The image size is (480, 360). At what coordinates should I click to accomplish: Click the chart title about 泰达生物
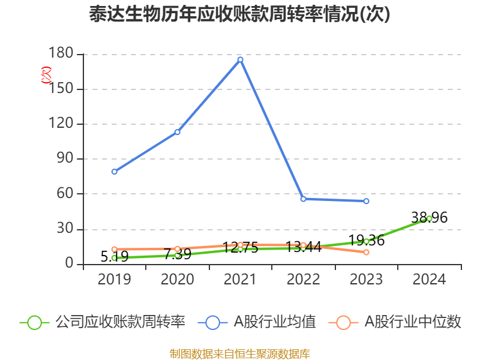pyautogui.click(x=239, y=14)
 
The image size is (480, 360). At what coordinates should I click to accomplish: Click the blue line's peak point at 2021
pyautogui.click(x=240, y=59)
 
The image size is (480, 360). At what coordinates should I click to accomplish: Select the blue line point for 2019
pyautogui.click(x=114, y=172)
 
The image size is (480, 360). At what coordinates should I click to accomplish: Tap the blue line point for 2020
pyautogui.click(x=177, y=132)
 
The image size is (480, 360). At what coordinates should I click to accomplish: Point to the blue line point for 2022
pyautogui.click(x=303, y=199)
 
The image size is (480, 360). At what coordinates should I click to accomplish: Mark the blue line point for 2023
pyautogui.click(x=366, y=201)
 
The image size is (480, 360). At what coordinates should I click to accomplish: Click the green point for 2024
pyautogui.click(x=429, y=218)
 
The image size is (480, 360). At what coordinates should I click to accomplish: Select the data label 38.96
pyautogui.click(x=429, y=217)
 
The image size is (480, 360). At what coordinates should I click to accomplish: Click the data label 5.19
pyautogui.click(x=114, y=257)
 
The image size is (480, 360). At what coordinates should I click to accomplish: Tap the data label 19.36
pyautogui.click(x=366, y=241)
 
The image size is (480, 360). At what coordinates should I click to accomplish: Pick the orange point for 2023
pyautogui.click(x=366, y=252)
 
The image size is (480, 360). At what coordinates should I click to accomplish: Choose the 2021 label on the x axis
pyautogui.click(x=240, y=280)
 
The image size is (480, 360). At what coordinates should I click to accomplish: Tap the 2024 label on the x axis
pyautogui.click(x=429, y=280)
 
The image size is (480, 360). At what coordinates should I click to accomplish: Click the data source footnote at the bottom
pyautogui.click(x=239, y=353)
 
